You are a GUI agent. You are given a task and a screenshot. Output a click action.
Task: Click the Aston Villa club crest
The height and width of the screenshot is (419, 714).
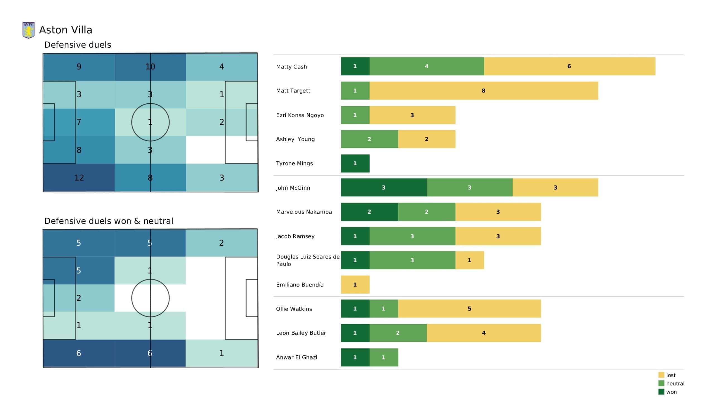(x=28, y=30)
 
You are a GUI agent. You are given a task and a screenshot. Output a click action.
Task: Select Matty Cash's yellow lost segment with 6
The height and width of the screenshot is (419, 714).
(x=570, y=66)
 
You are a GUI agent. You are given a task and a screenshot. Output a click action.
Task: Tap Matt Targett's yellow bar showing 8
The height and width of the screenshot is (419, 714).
(x=484, y=91)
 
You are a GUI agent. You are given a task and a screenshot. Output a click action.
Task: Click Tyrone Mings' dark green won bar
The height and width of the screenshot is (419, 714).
(x=355, y=163)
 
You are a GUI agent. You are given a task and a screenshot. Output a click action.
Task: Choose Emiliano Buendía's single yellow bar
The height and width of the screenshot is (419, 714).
(x=355, y=284)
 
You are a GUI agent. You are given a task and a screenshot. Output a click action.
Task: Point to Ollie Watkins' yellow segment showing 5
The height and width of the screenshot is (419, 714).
(x=469, y=309)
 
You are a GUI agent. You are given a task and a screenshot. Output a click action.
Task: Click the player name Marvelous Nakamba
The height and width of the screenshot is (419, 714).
(x=304, y=212)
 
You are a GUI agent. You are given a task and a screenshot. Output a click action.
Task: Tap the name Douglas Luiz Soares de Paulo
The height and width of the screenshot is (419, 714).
(x=308, y=260)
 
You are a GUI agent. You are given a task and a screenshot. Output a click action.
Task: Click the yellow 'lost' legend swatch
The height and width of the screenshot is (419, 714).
(x=661, y=375)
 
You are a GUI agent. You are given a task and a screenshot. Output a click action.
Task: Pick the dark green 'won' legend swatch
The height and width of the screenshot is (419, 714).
(x=661, y=392)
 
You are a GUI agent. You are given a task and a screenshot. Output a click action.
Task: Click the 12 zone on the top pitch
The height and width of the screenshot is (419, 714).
(x=79, y=178)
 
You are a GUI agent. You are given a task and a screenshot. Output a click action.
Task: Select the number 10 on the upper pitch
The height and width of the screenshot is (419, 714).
(x=150, y=67)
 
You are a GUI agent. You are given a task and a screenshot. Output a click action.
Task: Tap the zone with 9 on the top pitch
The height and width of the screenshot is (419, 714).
(x=79, y=67)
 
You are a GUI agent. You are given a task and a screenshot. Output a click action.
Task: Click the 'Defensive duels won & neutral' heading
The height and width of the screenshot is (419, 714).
(x=108, y=221)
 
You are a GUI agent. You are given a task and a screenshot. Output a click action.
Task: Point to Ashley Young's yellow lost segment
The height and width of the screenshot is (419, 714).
(x=427, y=139)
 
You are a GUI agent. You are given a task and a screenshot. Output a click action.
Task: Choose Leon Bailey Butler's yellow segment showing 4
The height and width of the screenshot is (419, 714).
(x=484, y=333)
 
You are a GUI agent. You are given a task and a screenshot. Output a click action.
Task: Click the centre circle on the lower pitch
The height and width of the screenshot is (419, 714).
(x=150, y=280)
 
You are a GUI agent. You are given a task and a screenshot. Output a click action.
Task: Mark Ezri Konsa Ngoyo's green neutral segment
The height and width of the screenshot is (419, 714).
(x=355, y=115)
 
